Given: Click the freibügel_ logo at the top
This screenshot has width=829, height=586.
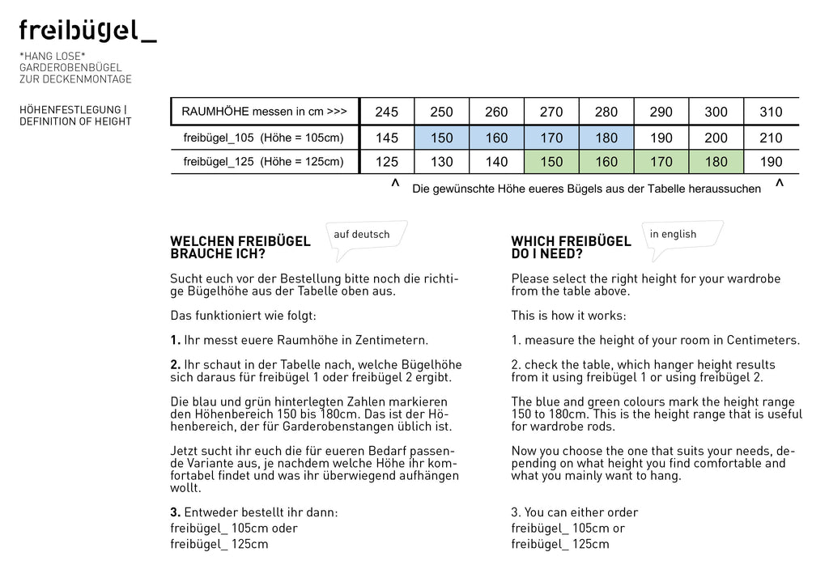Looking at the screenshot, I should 87,32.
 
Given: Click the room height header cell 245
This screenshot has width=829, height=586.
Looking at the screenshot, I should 387,112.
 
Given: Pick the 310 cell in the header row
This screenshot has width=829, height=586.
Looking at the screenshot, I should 771,112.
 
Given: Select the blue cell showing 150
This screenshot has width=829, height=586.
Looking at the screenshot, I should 442,138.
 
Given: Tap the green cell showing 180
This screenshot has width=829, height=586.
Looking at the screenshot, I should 716,162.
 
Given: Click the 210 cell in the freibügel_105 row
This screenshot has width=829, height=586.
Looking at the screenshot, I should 771,138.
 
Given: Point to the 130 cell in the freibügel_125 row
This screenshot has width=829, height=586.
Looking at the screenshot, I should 442,162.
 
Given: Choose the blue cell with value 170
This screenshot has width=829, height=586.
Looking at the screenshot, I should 551,138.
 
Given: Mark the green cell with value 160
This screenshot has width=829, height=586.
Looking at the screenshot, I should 606,162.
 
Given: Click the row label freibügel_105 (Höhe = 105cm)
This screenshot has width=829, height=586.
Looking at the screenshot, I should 263,138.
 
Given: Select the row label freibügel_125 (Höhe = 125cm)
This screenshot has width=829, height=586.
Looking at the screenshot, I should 263,162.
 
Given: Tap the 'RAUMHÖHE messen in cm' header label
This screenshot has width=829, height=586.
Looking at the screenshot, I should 264,111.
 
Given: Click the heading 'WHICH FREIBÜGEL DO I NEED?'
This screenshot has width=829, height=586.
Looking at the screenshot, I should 571,248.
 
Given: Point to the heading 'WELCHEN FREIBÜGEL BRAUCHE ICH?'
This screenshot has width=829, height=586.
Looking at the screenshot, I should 240,248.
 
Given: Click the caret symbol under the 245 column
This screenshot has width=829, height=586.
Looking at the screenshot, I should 395,185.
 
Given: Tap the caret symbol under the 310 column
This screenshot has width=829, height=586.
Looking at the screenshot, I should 779,185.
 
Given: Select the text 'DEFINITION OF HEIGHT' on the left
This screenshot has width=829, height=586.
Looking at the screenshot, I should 75,122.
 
